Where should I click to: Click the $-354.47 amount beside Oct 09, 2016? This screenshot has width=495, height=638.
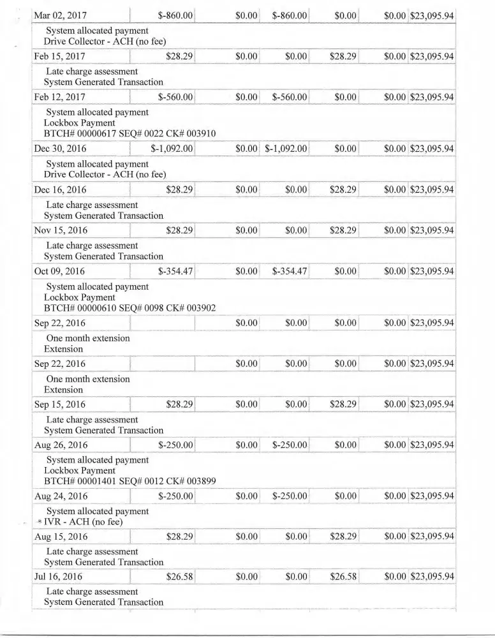coord(175,271)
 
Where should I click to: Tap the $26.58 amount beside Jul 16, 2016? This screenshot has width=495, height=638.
coord(179,577)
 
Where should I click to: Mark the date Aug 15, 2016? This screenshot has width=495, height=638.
coord(60,537)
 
